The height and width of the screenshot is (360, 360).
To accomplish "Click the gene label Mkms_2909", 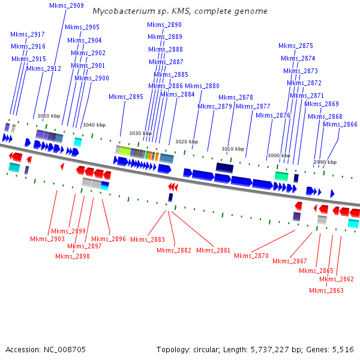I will pos(67,5).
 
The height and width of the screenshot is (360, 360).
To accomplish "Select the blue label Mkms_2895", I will pos(126,97).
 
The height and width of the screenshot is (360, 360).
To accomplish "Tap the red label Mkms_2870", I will pos(251,256).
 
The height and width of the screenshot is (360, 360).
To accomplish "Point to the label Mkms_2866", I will pos(340,124).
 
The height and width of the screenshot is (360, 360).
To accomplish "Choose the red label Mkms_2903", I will pos(47,239).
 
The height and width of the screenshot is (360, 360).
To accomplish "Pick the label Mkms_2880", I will pos(202,86).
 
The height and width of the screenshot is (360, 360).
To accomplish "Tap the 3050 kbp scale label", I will pos(49,116).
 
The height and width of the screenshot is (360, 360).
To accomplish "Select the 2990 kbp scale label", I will pos(325,162).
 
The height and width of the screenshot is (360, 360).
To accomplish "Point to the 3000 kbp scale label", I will pos(279,155).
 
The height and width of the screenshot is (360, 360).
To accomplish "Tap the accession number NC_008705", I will pos(64,349).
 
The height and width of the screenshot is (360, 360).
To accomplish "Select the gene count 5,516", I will pos(341,349).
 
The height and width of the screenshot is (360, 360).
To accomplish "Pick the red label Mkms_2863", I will pos(326,290).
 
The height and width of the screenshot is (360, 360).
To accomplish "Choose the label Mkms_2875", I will pos(296,46).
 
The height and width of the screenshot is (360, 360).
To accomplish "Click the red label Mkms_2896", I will pos(109,239).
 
